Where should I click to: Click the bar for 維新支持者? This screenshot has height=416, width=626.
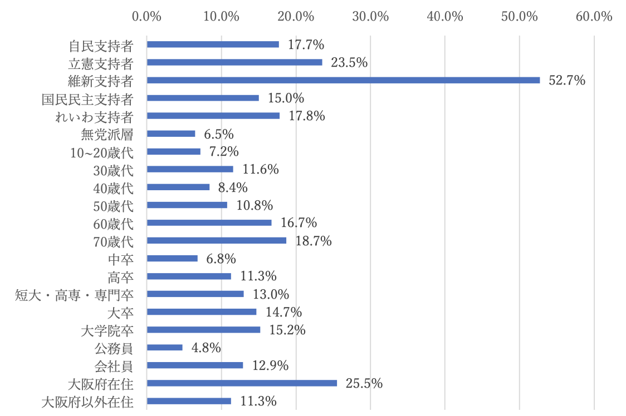343,80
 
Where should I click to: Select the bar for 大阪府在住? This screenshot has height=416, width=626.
242,383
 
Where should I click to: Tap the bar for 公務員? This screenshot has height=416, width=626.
164,348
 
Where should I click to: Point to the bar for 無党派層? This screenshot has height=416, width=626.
171,133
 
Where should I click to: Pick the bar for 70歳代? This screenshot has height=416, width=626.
217,240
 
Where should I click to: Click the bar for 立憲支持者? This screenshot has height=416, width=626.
234,62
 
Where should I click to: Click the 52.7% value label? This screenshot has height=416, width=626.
567,81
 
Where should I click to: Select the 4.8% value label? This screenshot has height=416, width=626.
206,348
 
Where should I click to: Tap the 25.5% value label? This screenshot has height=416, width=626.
364,384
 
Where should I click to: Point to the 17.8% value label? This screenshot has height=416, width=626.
306,116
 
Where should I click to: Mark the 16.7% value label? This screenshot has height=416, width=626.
299,223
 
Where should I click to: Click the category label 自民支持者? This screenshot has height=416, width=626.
101,45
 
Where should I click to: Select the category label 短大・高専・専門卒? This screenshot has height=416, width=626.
74,294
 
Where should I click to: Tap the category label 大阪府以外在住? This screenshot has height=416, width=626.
87,402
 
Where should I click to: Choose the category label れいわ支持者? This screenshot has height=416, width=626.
94,116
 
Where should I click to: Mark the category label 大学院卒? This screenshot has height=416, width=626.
107,330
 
